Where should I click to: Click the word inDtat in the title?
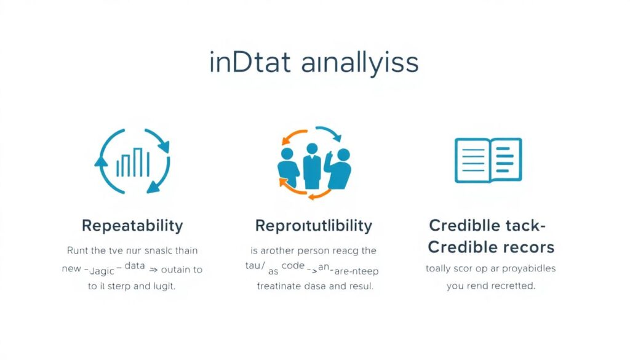click(x=249, y=63)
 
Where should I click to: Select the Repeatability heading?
click(x=132, y=225)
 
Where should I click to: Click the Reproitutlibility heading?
click(x=314, y=226)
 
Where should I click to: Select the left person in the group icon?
click(x=288, y=169)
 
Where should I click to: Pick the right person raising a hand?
click(x=338, y=169)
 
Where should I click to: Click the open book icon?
click(x=488, y=160)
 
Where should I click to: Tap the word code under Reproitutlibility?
click(x=293, y=266)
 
